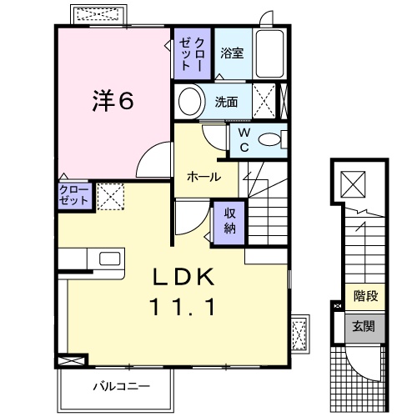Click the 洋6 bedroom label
pos(112,102)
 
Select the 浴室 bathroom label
pos(232,53)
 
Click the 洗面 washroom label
pos(226,103)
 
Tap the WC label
pos(244,139)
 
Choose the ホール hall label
pos(204,177)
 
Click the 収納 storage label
pos(229,221)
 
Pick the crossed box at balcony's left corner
pos(71,362)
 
